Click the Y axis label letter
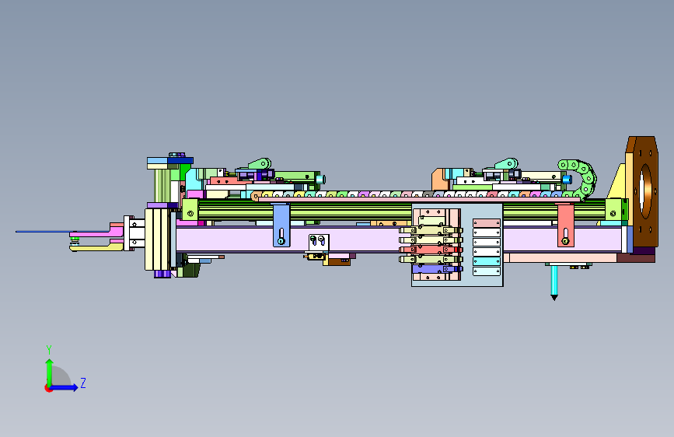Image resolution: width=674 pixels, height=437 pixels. pyautogui.click(x=49, y=349)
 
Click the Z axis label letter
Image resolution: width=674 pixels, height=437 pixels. pyautogui.click(x=83, y=383)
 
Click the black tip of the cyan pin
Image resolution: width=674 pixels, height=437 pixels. pyautogui.click(x=554, y=297)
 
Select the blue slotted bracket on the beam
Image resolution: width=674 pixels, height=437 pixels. pyautogui.click(x=281, y=225)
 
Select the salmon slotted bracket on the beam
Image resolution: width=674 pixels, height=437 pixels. pyautogui.click(x=565, y=225)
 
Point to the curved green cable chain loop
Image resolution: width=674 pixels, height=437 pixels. pyautogui.click(x=580, y=177)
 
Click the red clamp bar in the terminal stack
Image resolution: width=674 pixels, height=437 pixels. pyautogui.click(x=431, y=250)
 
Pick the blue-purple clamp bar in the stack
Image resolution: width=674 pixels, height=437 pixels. pyautogui.click(x=437, y=269)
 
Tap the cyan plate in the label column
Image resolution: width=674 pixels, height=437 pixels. pyautogui.click(x=487, y=261)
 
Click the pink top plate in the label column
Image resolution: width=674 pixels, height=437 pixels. pyautogui.click(x=487, y=223)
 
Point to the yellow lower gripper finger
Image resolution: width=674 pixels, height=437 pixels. pyautogui.click(x=96, y=247)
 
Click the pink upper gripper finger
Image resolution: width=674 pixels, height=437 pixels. pyautogui.click(x=97, y=232)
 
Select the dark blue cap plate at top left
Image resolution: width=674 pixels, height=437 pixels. pyautogui.click(x=180, y=160)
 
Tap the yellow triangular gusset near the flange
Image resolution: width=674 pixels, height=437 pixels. pyautogui.click(x=616, y=181)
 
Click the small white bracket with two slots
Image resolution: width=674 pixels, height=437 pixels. pyautogui.click(x=319, y=243)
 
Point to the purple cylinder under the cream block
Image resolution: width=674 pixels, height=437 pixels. pyautogui.click(x=162, y=274)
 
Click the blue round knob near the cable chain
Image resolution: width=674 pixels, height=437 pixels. pyautogui.click(x=567, y=179)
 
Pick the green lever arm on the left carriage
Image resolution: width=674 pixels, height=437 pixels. pyautogui.click(x=260, y=164)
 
